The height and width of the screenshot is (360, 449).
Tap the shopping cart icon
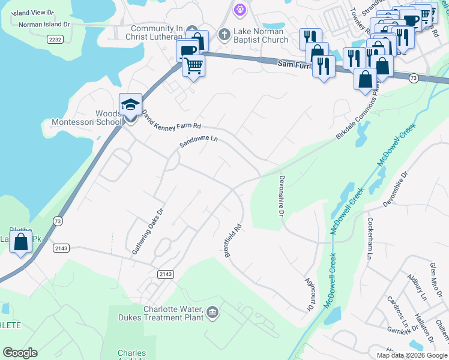(x=193, y=65)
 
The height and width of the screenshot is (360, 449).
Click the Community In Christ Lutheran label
(x=157, y=33)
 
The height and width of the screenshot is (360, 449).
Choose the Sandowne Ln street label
(x=198, y=142)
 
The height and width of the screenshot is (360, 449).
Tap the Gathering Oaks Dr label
(x=148, y=230)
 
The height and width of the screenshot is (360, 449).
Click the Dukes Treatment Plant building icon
(x=212, y=312)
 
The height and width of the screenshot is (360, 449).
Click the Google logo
(x=20, y=353)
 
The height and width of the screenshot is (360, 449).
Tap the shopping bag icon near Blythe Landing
(x=21, y=242)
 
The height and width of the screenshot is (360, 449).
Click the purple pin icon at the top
(x=240, y=9)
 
